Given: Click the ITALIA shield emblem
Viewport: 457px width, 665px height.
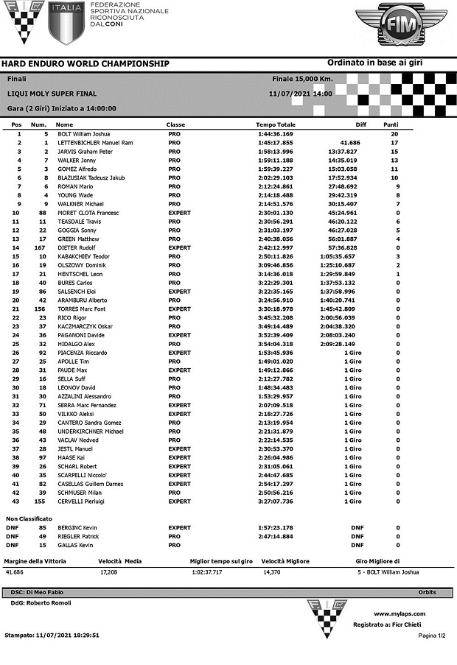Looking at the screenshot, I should (66, 22).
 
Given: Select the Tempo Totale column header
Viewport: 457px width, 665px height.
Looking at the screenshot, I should (276, 124).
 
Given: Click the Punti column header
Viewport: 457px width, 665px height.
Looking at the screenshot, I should (391, 124).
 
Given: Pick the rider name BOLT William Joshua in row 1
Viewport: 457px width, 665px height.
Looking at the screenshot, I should (84, 134).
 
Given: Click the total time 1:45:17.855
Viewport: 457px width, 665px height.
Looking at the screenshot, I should (276, 142).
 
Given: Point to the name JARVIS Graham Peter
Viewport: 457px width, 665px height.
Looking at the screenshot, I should (85, 151).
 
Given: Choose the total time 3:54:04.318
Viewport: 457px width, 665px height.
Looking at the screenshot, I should (276, 344).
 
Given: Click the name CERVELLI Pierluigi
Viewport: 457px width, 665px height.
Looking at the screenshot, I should (81, 502).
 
